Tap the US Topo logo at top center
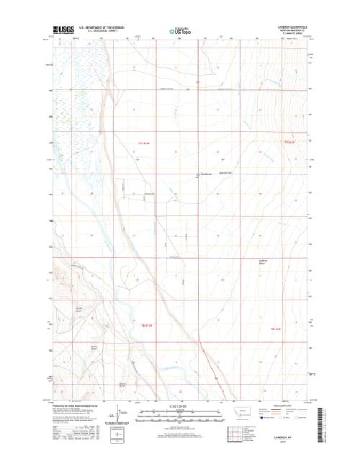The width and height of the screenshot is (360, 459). [x=180, y=31]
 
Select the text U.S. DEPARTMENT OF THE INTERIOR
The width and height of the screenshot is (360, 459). [x=106, y=24]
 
